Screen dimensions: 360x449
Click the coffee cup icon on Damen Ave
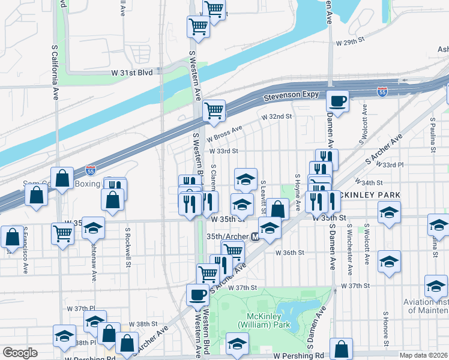point(337,101)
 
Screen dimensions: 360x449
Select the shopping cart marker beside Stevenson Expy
point(214,110)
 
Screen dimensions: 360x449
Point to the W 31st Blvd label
point(136,71)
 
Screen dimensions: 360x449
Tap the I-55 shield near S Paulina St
point(382,91)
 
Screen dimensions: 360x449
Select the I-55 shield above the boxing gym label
point(90,170)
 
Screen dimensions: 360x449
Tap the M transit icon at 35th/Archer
point(255,237)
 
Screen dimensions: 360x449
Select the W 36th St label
point(291,253)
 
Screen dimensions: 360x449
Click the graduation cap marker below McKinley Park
point(237,344)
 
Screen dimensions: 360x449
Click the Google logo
point(20,353)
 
